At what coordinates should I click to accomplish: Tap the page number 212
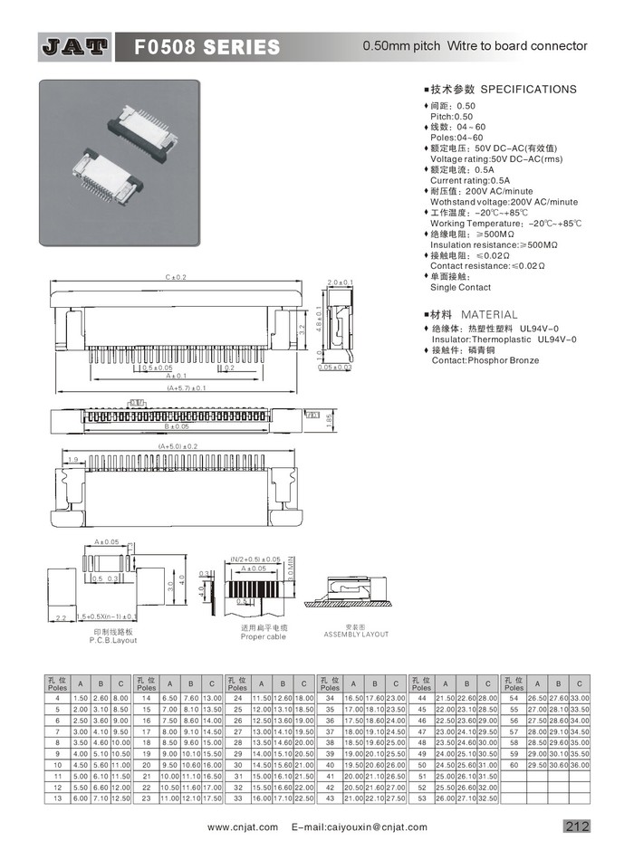(577, 826)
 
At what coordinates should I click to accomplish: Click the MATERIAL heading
(489, 314)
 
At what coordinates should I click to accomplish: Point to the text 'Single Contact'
(461, 287)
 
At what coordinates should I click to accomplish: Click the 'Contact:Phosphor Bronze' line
(485, 360)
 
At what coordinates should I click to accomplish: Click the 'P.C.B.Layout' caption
(113, 640)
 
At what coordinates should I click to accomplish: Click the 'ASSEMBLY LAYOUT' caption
(356, 635)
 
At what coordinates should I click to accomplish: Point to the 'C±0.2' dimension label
(175, 276)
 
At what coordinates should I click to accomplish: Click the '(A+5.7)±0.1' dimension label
(186, 387)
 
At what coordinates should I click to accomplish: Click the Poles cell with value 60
(515, 765)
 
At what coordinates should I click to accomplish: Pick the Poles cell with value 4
(58, 698)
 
